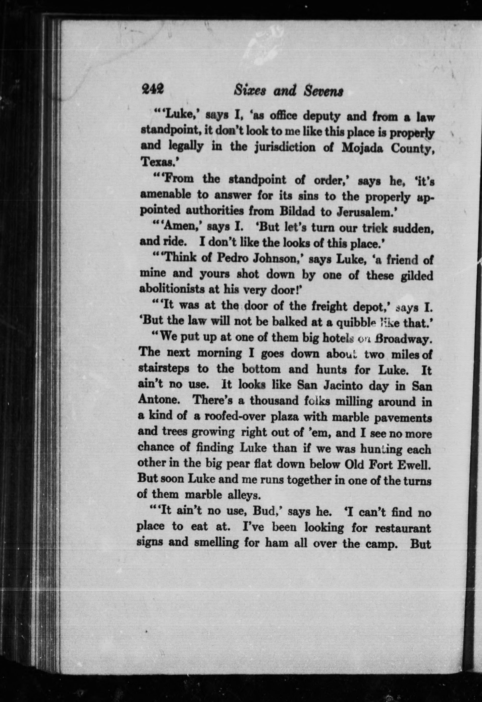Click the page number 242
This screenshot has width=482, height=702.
click(x=153, y=89)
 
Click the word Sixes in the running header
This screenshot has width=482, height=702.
click(x=250, y=90)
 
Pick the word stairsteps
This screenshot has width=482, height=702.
click(x=163, y=369)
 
